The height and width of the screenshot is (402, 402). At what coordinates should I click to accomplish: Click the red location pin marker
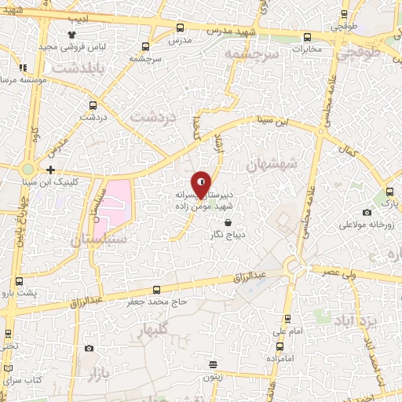pos(201,185)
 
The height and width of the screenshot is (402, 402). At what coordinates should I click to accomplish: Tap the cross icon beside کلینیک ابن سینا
pos(51,170)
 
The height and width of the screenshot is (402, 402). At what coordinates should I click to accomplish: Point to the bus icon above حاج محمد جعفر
pos(156,289)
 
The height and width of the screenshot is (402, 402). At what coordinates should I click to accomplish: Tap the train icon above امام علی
pos(287,319)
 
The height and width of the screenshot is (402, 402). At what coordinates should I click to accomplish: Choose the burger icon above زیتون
pos(214,364)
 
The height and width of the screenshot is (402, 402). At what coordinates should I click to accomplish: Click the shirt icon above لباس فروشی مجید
pos(72,35)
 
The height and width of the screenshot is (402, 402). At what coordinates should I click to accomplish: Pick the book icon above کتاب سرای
pos(8,367)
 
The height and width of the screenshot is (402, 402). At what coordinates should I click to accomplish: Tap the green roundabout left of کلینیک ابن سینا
pos(29,169)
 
